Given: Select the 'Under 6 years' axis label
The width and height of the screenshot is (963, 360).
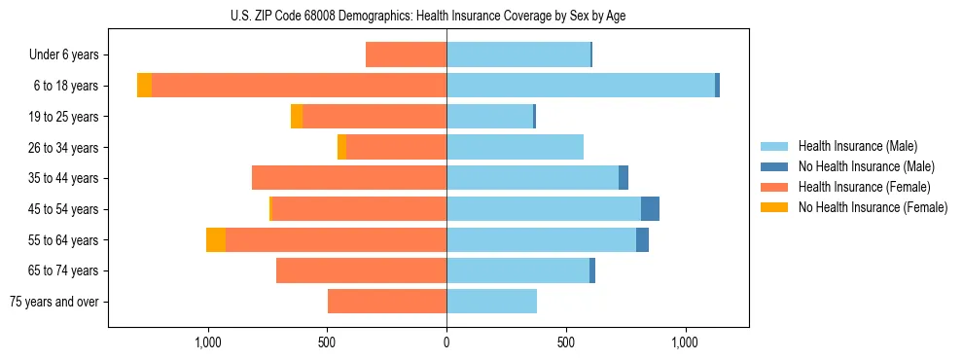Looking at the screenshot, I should [x=64, y=54].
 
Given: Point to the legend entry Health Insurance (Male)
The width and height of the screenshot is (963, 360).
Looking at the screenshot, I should [x=857, y=146].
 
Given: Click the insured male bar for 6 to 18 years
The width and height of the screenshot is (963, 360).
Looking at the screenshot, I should [x=581, y=86].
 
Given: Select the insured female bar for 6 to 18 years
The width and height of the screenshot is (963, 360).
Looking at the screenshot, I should [x=299, y=86].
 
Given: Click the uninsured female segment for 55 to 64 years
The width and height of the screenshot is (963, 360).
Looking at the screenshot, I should [x=216, y=240].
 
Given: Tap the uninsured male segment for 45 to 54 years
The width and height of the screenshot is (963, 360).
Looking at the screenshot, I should [x=650, y=209].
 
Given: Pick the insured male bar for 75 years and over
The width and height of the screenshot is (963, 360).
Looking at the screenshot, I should [x=491, y=302].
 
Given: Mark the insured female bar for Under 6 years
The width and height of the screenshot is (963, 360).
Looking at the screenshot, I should [x=406, y=54].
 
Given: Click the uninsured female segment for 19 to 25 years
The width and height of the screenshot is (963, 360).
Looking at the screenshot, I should [x=297, y=117].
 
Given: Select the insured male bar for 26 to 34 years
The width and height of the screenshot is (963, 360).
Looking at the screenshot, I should [x=515, y=147].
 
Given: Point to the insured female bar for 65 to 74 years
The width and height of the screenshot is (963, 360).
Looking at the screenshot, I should [x=361, y=270].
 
